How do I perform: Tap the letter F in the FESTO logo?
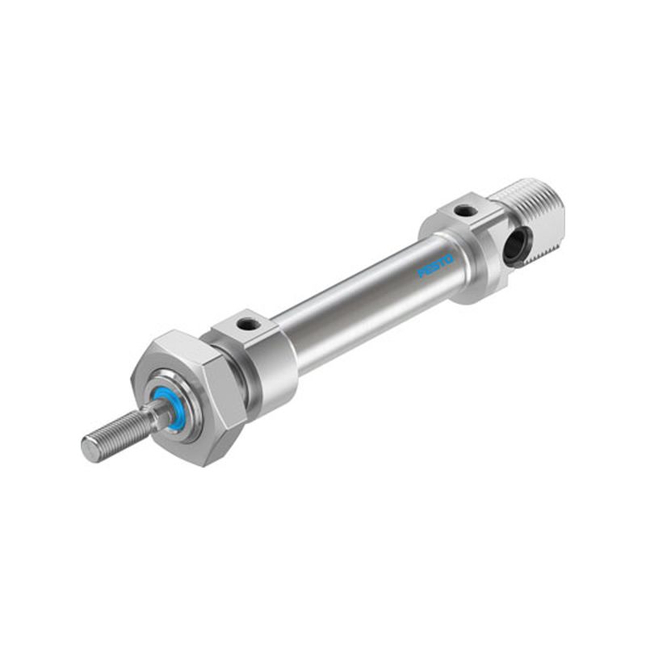(422, 273)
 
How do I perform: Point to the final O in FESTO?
(450, 259)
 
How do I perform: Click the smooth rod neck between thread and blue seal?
(156, 412)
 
